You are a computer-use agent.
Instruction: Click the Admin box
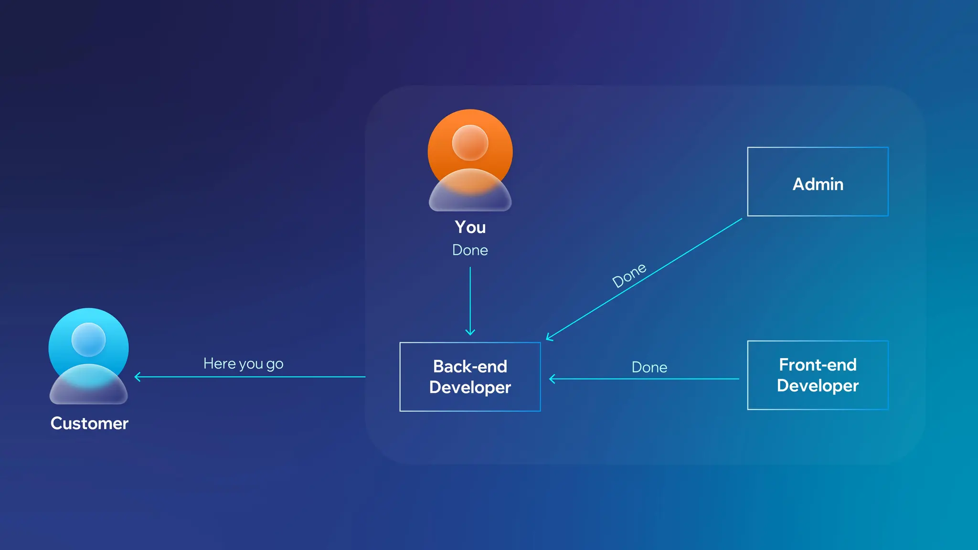[818, 182]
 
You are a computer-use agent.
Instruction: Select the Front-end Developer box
[818, 375]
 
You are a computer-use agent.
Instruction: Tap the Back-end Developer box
[470, 377]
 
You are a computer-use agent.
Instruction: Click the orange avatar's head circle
[470, 142]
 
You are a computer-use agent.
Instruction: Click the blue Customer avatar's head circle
[88, 339]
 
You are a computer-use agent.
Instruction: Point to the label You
[470, 227]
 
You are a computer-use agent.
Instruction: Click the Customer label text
[89, 423]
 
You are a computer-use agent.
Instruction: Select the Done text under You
[470, 250]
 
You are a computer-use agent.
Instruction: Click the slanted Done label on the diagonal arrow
[629, 275]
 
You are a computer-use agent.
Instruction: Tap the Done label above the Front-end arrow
[649, 367]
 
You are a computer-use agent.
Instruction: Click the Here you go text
[243, 364]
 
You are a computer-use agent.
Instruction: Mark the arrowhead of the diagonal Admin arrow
[549, 338]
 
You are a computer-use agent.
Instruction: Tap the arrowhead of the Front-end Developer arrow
[552, 379]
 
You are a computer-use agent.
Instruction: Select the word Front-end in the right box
[818, 365]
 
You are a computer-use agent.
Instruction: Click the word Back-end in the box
[470, 367]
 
